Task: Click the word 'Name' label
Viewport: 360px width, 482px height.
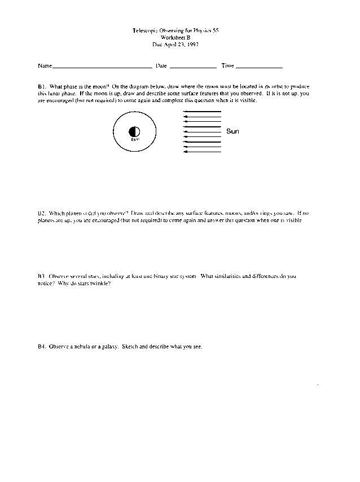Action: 45,66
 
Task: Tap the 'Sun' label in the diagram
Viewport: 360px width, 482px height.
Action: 232,131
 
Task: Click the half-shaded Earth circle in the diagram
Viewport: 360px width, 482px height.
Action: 134,132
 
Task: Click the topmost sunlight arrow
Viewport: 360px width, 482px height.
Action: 202,112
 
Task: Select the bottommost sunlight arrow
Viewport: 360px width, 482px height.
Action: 202,152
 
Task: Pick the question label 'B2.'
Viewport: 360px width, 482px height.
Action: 42,214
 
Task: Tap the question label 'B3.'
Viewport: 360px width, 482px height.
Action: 42,276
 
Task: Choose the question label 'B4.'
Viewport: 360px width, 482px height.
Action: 42,346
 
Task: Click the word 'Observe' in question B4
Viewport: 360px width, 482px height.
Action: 59,346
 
